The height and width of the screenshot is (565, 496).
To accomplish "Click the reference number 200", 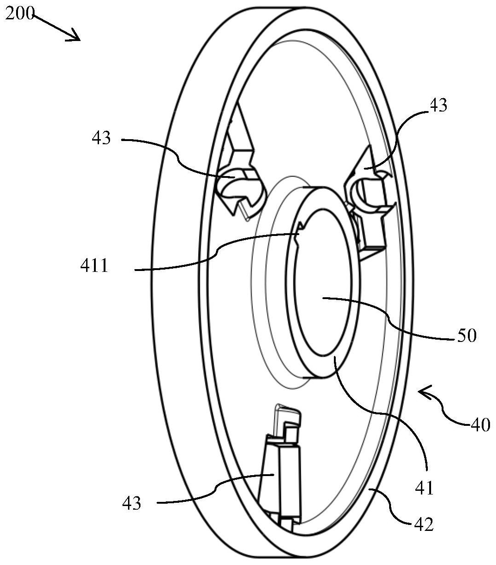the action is [20, 13].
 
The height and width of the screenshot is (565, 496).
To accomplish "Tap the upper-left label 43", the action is [101, 138].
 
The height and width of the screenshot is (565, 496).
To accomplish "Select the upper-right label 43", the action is [438, 105].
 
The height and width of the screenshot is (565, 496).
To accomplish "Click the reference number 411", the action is [94, 265].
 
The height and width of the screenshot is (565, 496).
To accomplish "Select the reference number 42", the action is [424, 524].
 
